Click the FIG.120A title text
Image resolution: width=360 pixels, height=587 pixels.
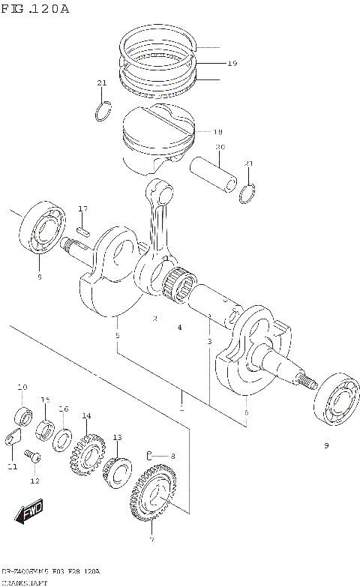click(x=35, y=8)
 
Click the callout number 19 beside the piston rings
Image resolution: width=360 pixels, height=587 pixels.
click(x=232, y=64)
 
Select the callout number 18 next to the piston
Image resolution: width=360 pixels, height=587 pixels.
click(x=218, y=131)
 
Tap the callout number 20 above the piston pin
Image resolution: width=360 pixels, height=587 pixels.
click(x=220, y=147)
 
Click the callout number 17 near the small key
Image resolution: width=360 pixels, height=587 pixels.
click(x=82, y=208)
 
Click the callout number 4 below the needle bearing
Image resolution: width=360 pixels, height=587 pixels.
click(x=179, y=328)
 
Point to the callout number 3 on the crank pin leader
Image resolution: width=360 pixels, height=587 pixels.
click(x=209, y=342)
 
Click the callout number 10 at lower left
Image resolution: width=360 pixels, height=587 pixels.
click(x=22, y=387)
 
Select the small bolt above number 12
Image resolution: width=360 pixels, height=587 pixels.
click(x=31, y=454)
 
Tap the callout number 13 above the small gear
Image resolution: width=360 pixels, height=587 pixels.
click(x=117, y=437)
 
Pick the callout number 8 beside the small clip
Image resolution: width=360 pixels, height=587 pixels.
click(x=172, y=456)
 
